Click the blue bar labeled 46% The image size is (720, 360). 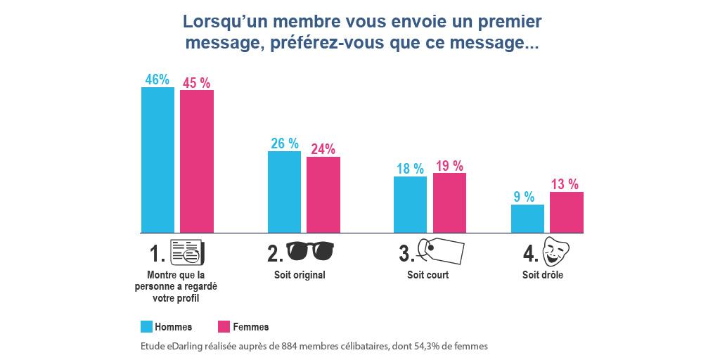[x=157, y=160]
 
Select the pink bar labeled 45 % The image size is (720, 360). [x=197, y=161]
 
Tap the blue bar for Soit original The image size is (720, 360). [x=284, y=191]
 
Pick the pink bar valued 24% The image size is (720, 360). [x=323, y=194]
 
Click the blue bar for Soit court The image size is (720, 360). [x=410, y=204]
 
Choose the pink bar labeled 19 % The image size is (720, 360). [x=449, y=202]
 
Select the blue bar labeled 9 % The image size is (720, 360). [x=527, y=218]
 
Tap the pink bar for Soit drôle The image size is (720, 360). [x=567, y=212]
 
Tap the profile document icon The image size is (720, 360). [x=188, y=251]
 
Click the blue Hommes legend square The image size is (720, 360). [x=147, y=326]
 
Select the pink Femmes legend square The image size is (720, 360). [x=224, y=326]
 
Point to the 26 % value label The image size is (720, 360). [x=284, y=143]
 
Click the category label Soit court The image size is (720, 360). [x=427, y=275]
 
